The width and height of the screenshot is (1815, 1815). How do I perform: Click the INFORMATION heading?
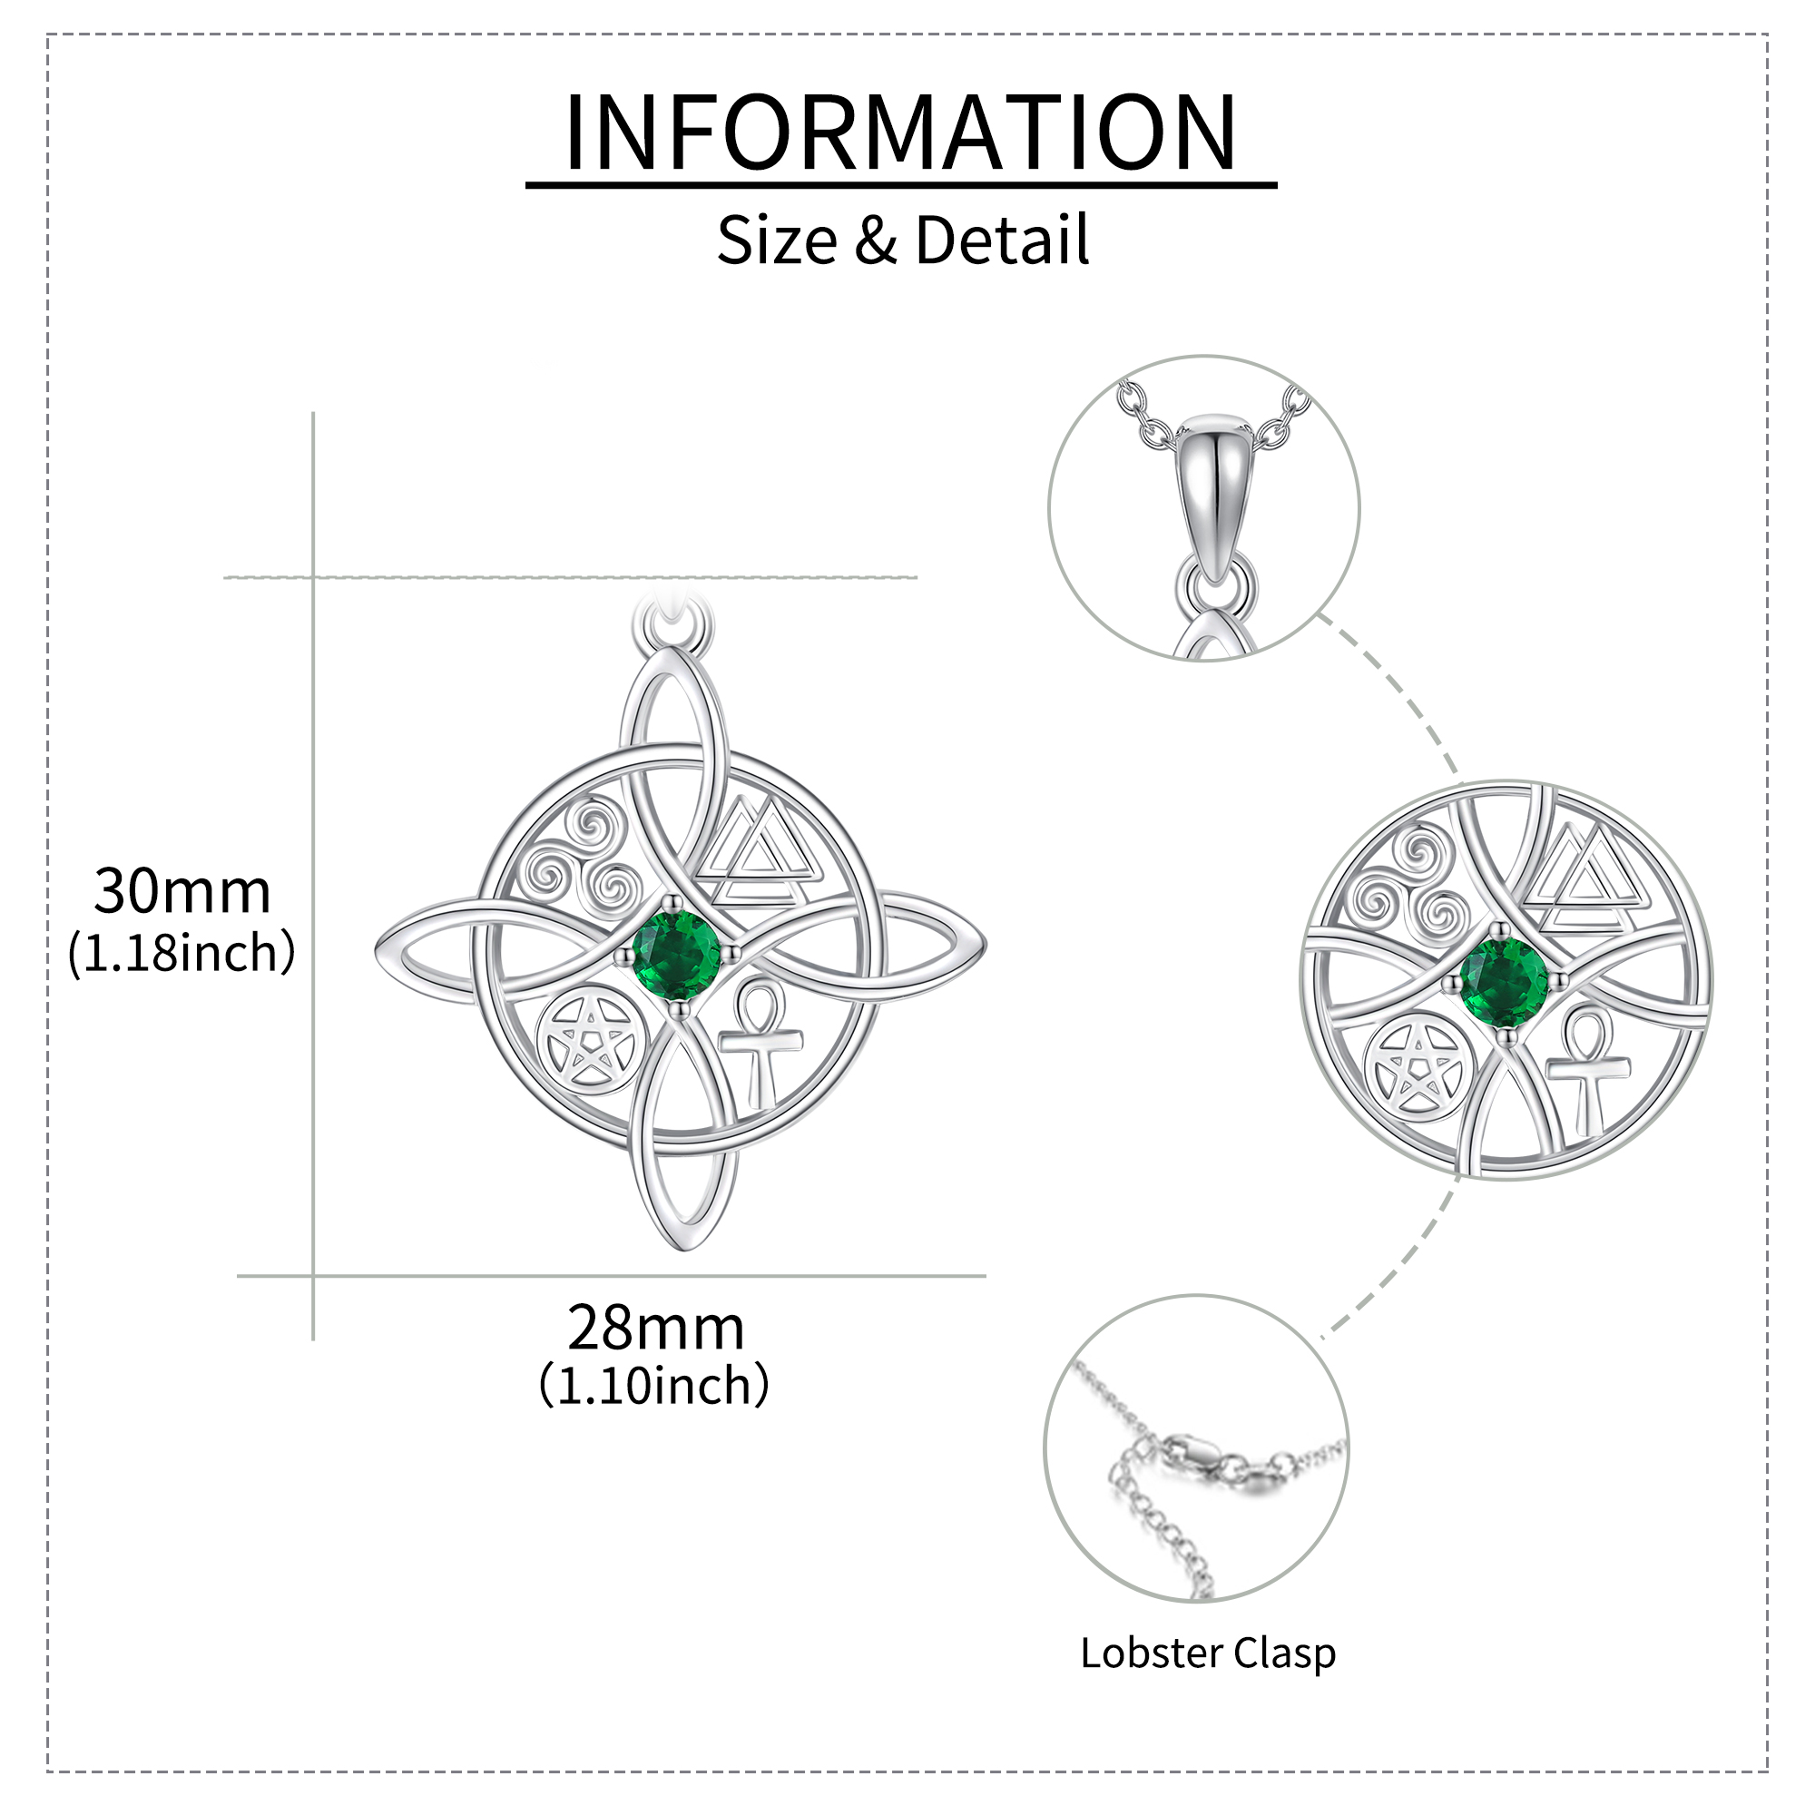[900, 132]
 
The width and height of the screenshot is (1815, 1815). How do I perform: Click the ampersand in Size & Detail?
[876, 240]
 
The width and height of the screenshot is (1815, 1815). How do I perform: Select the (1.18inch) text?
[181, 954]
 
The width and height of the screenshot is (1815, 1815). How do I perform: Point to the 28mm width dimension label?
[656, 1329]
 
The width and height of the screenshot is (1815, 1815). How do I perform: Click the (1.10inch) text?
[655, 1387]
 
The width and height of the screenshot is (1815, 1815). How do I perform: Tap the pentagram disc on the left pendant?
[592, 1043]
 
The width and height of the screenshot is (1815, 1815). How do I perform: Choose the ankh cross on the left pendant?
[761, 1044]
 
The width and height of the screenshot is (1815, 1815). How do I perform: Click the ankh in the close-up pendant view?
[1587, 1071]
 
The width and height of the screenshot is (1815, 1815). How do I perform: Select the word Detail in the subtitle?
[1003, 240]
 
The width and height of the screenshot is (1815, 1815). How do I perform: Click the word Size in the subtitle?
[777, 240]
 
